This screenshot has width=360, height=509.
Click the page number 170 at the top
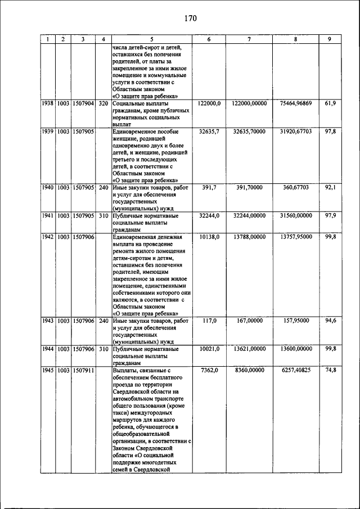tap(190, 19)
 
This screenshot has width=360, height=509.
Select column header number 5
tap(151, 39)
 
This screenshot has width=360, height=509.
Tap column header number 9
tap(330, 39)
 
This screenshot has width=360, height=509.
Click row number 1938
tap(49, 104)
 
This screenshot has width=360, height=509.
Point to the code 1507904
tap(83, 104)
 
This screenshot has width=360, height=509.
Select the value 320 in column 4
tap(103, 104)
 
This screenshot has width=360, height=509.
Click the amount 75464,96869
tap(295, 104)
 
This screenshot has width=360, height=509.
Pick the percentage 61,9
tap(330, 104)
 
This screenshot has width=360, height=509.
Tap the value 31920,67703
tap(295, 131)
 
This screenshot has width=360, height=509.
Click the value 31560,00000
tap(295, 215)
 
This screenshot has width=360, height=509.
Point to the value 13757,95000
tap(295, 237)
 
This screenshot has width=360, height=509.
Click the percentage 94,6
tap(330, 321)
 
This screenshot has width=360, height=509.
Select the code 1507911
tap(83, 371)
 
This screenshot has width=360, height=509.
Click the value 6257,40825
tap(295, 371)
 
